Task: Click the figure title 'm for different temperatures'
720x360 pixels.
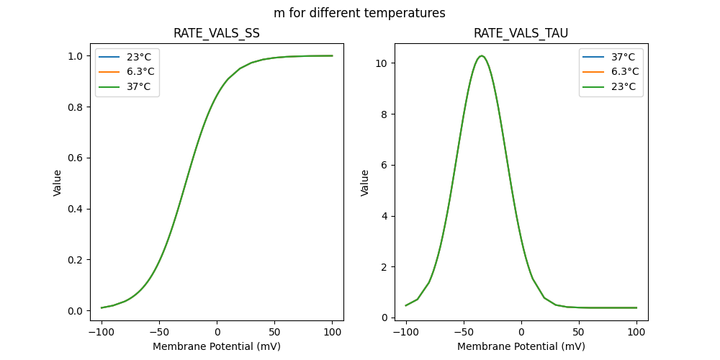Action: coord(359,13)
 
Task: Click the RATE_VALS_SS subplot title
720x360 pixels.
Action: coord(217,34)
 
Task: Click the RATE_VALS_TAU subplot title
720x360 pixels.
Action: coord(521,34)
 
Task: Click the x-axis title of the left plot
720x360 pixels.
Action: coord(217,346)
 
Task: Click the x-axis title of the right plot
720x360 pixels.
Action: coord(521,346)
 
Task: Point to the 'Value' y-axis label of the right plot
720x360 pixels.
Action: coord(365,183)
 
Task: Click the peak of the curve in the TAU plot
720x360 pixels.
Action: coord(482,56)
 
